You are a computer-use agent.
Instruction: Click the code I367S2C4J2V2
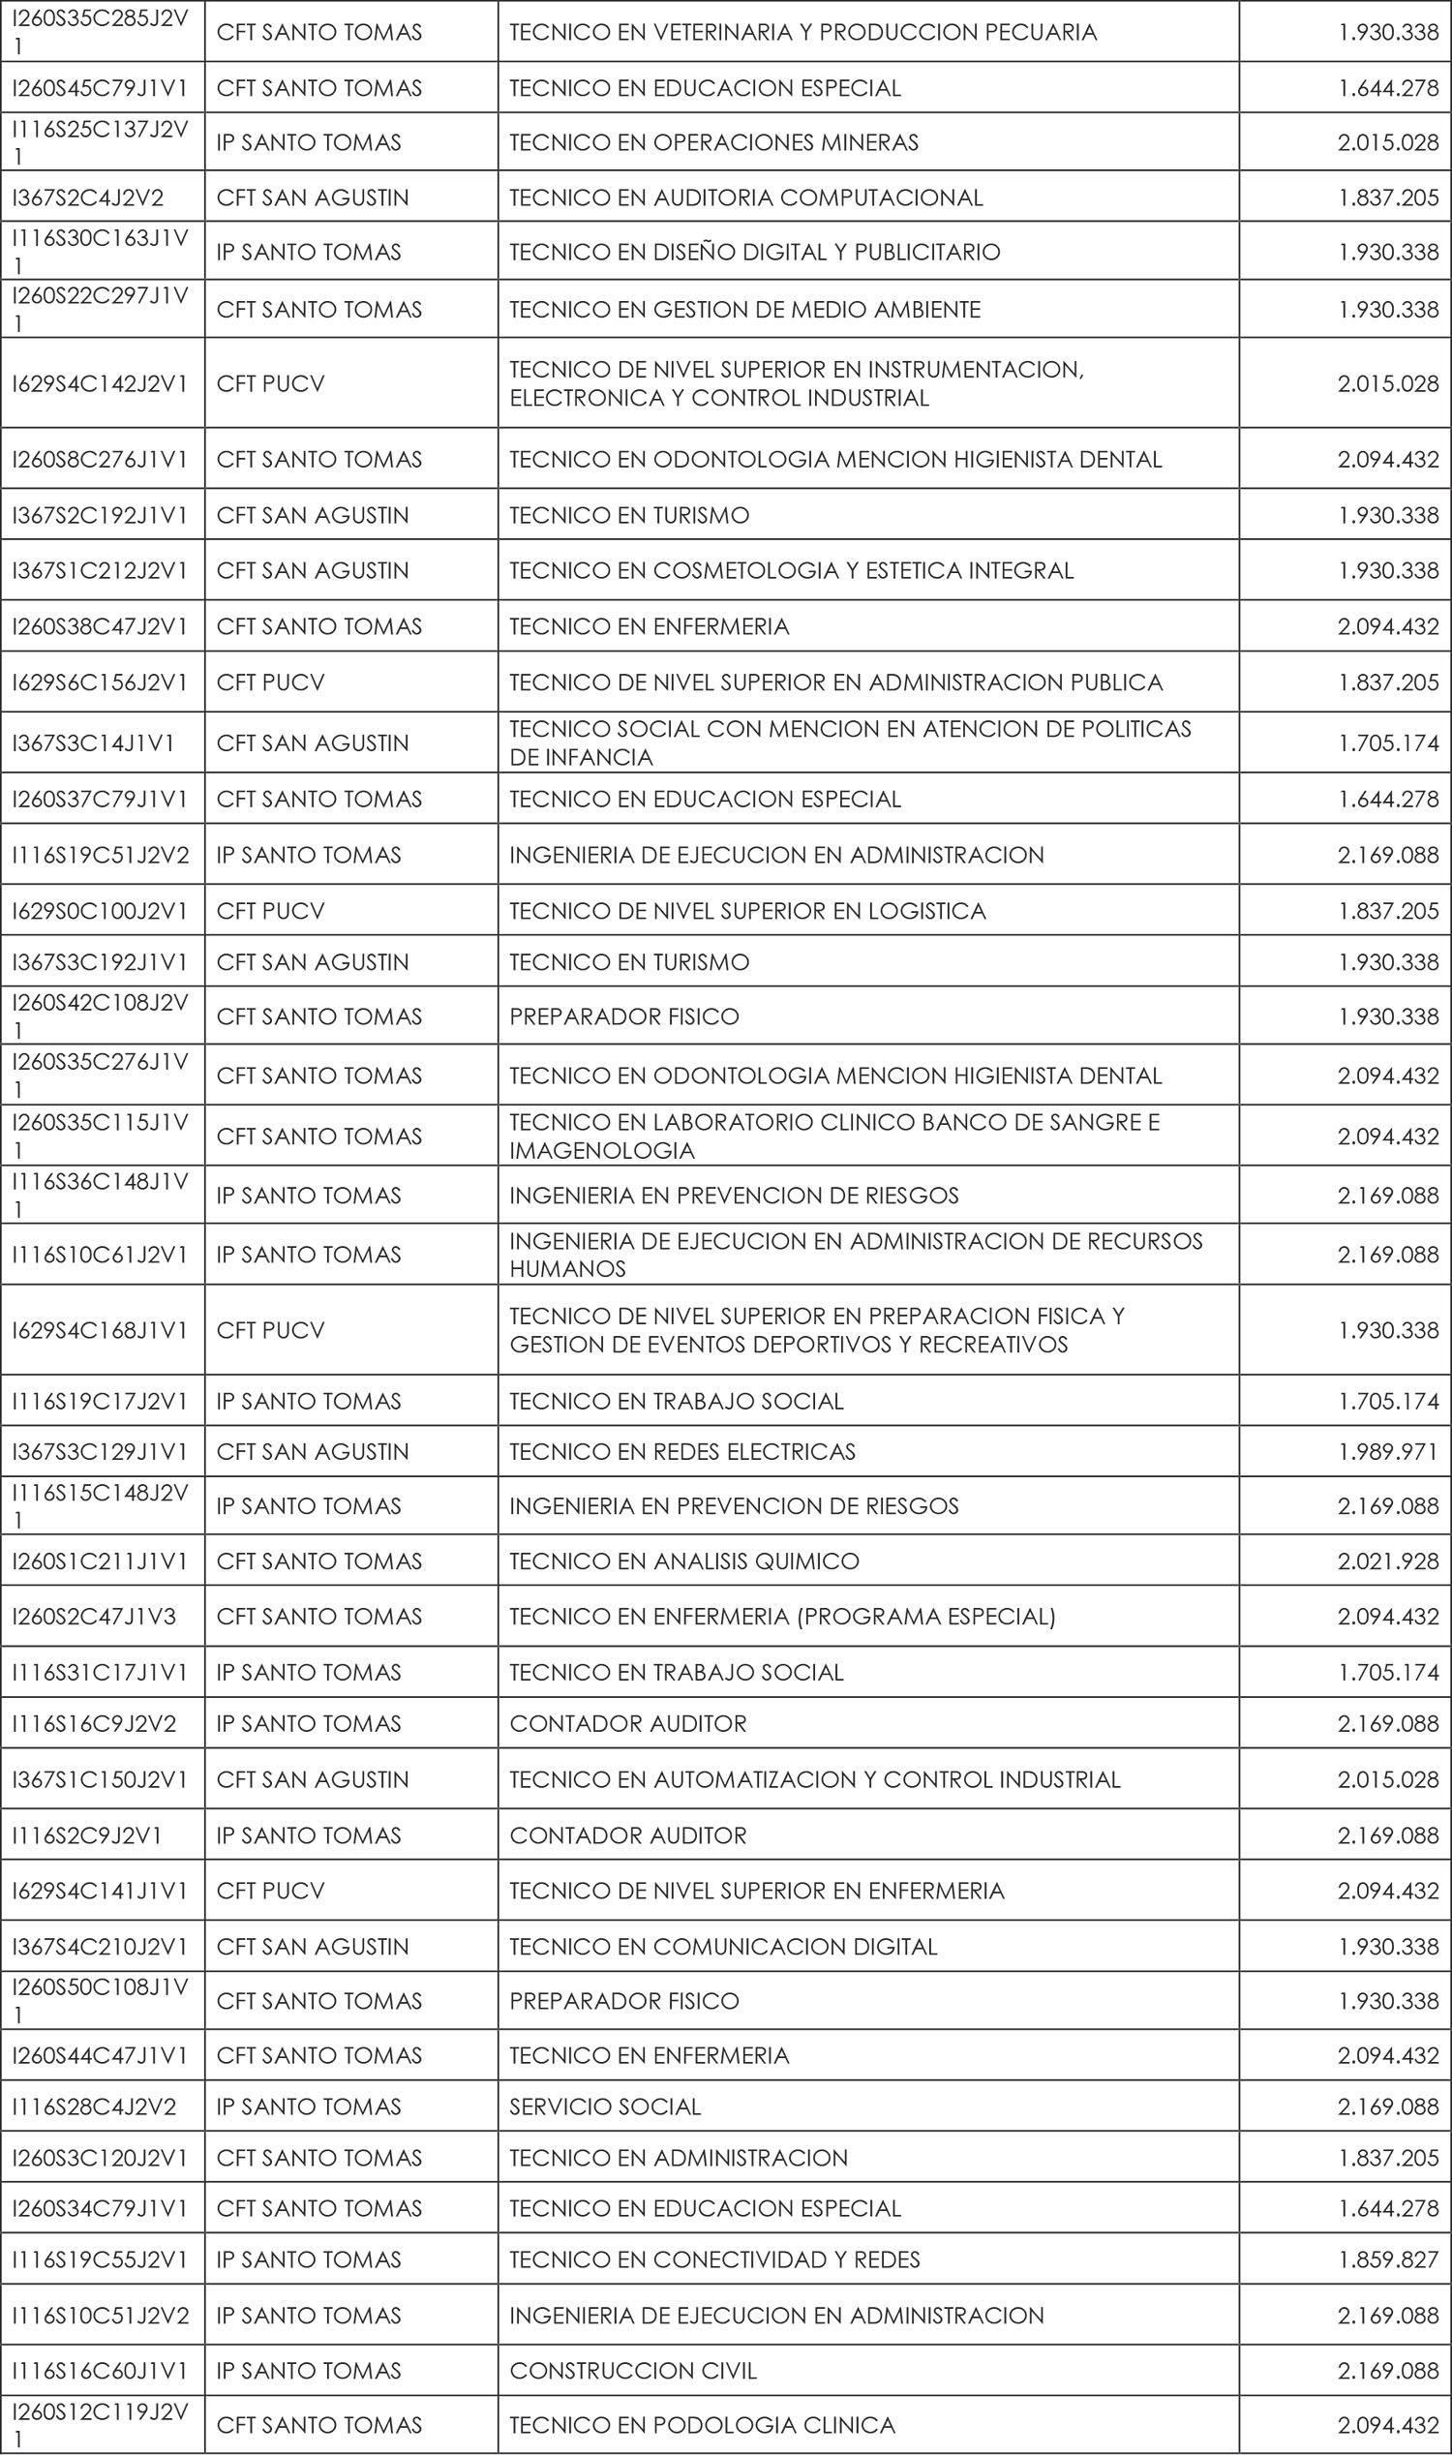coord(88,197)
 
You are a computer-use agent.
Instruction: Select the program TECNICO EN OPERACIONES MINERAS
coord(713,143)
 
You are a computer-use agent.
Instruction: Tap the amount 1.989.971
coord(1388,1451)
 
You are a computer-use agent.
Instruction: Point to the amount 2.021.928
coord(1388,1561)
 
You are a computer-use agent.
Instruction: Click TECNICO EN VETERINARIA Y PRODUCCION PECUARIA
coord(802,32)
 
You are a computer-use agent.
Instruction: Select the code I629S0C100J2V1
coord(100,911)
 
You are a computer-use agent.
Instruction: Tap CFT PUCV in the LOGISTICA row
coord(270,911)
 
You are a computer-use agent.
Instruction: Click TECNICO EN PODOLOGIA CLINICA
coord(702,2426)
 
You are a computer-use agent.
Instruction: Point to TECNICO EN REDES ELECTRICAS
coord(682,1451)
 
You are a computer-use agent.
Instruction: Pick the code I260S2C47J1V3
coord(94,1617)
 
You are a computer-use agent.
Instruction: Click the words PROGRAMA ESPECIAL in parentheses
coord(926,1617)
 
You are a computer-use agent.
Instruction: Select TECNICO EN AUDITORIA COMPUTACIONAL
coord(745,197)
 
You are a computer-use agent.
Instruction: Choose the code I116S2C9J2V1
coord(87,1835)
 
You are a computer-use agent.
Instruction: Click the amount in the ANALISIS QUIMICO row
coord(1388,1561)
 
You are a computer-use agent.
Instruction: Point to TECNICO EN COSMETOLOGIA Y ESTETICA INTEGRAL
coord(791,570)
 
